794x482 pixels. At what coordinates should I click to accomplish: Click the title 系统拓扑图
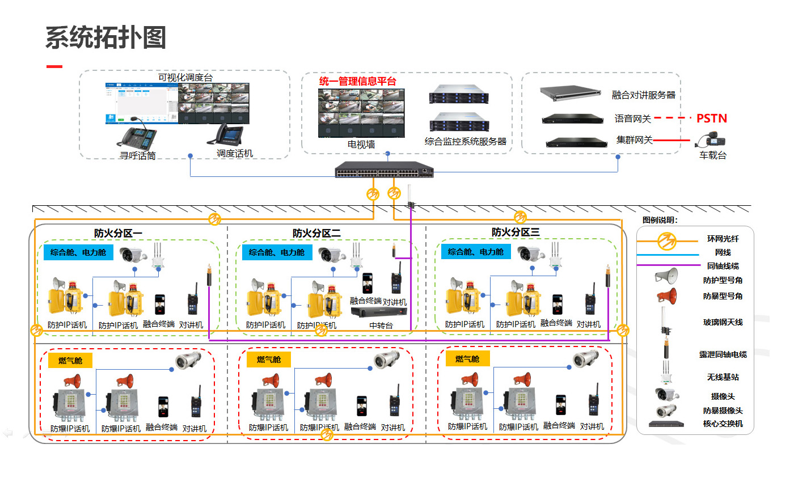click(105, 38)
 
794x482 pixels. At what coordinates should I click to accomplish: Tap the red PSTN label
click(711, 119)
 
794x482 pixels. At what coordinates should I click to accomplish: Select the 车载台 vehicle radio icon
click(713, 141)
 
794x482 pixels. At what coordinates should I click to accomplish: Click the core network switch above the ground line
click(386, 169)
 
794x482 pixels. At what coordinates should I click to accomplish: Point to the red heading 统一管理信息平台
click(357, 81)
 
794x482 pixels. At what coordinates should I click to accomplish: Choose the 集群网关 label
click(635, 139)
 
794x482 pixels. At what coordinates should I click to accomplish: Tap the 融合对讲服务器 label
click(644, 95)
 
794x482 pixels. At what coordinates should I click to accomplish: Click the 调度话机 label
click(235, 153)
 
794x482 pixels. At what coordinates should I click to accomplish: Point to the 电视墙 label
click(361, 145)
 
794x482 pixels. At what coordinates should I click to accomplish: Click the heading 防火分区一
click(118, 233)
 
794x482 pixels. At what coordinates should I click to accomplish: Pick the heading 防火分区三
click(516, 232)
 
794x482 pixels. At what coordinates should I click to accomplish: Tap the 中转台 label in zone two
click(381, 325)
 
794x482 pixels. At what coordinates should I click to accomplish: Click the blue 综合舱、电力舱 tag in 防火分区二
click(277, 252)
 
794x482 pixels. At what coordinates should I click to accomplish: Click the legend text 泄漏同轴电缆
click(723, 354)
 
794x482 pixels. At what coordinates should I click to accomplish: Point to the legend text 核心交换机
click(723, 424)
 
